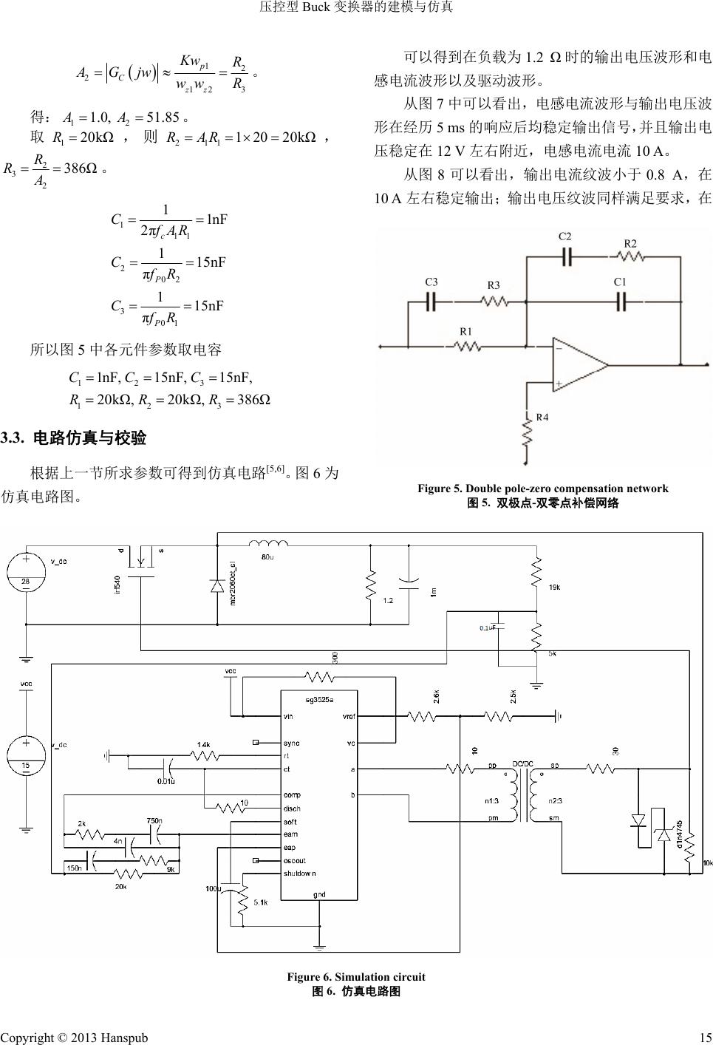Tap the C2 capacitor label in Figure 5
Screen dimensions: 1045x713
pyautogui.click(x=564, y=236)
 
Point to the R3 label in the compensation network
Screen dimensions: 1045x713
pyautogui.click(x=493, y=285)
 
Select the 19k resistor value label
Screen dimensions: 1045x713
pyautogui.click(x=554, y=588)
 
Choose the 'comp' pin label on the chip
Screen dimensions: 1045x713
pyautogui.click(x=292, y=794)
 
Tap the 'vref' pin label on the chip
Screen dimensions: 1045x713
pyautogui.click(x=349, y=716)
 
